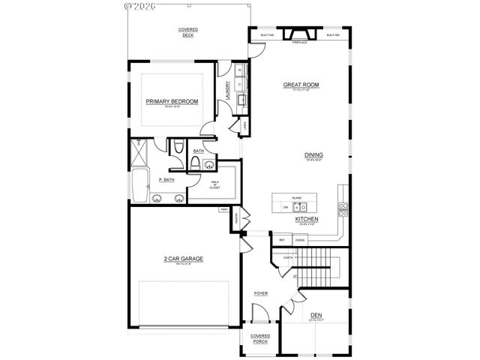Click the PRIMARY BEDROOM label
(172, 101)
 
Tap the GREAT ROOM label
(301, 85)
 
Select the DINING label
(313, 155)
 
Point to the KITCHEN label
(307, 219)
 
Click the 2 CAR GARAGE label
(184, 259)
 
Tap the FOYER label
(261, 293)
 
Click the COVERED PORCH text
(259, 338)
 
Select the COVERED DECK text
(188, 31)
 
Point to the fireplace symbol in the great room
(299, 34)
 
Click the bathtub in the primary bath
(139, 185)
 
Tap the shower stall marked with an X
(140, 153)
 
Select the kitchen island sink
(297, 205)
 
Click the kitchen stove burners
(343, 208)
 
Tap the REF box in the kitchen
(281, 240)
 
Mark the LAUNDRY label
(227, 91)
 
